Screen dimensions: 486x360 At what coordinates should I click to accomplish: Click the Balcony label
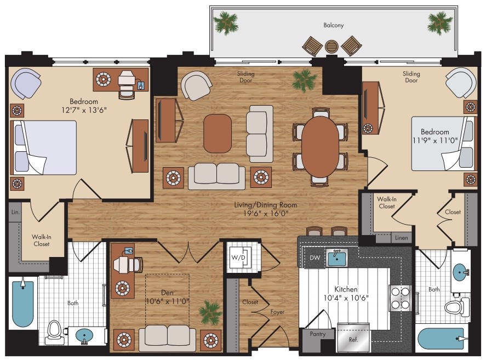(x=334, y=25)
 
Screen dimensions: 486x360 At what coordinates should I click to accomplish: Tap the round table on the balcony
(x=332, y=47)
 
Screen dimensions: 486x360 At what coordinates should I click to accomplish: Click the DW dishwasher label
(x=315, y=258)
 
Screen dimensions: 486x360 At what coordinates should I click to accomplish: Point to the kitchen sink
(x=337, y=258)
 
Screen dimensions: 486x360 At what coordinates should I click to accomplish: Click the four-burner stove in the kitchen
(x=401, y=298)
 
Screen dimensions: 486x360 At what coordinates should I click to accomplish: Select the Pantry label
(x=318, y=334)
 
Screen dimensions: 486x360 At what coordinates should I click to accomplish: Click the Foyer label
(x=277, y=312)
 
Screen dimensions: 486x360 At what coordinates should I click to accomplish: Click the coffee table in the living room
(x=218, y=133)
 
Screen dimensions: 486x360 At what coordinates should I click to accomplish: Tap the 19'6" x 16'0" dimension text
(x=266, y=213)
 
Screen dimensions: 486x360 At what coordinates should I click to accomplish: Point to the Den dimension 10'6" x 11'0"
(x=167, y=301)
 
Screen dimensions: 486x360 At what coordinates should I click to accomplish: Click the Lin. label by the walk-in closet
(x=15, y=212)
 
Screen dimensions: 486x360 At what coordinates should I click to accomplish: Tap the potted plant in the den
(x=210, y=312)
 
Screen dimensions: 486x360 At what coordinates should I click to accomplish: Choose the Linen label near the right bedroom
(x=402, y=238)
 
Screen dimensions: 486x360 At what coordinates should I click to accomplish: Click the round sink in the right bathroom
(x=461, y=272)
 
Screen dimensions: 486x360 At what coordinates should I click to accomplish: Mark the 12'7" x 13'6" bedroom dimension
(x=84, y=110)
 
